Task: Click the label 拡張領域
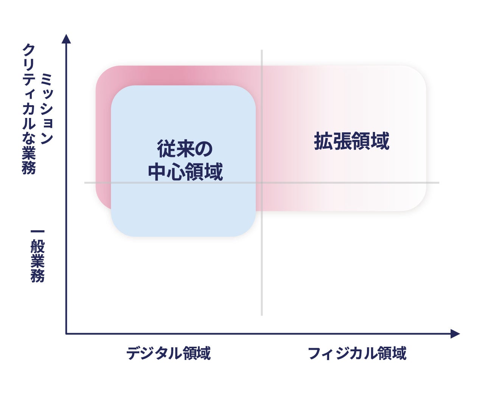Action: coord(351,141)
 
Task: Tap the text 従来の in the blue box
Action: coord(185,149)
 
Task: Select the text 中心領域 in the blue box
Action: coord(185,172)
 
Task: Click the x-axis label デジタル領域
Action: coord(168,353)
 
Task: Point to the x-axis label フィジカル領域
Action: coord(357,353)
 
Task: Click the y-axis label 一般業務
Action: coord(37,256)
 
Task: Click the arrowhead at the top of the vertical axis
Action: coord(66,39)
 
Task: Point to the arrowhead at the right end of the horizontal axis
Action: coord(455,334)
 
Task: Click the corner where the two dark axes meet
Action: coord(66,334)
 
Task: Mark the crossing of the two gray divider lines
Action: coord(262,183)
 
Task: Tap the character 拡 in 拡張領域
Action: coord(323,141)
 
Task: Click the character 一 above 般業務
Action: coord(37,231)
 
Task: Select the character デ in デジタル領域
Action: coord(134,353)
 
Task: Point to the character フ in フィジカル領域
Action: coord(315,353)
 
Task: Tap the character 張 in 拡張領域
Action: coord(342,141)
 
